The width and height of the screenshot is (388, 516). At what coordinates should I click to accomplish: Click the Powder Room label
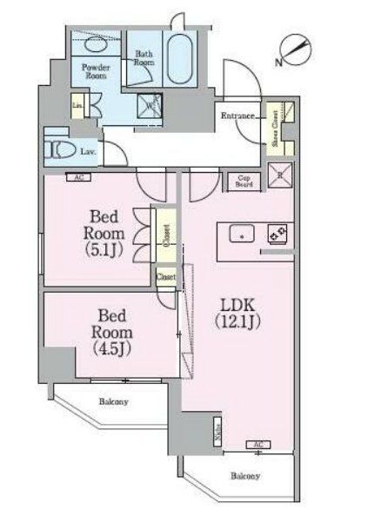(x=95, y=71)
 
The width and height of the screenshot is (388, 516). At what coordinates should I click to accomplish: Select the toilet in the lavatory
(x=62, y=149)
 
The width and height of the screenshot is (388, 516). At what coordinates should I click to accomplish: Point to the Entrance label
(x=237, y=116)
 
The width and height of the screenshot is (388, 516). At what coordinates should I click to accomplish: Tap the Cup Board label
(x=245, y=181)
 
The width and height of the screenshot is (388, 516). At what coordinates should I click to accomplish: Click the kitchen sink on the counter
(x=241, y=235)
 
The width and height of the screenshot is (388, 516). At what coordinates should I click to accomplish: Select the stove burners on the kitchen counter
(x=278, y=234)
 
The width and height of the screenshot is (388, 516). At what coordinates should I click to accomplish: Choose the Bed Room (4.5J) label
(x=111, y=333)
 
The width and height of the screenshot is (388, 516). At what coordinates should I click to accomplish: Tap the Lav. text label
(x=88, y=151)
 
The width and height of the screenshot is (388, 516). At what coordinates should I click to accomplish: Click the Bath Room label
(x=144, y=57)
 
